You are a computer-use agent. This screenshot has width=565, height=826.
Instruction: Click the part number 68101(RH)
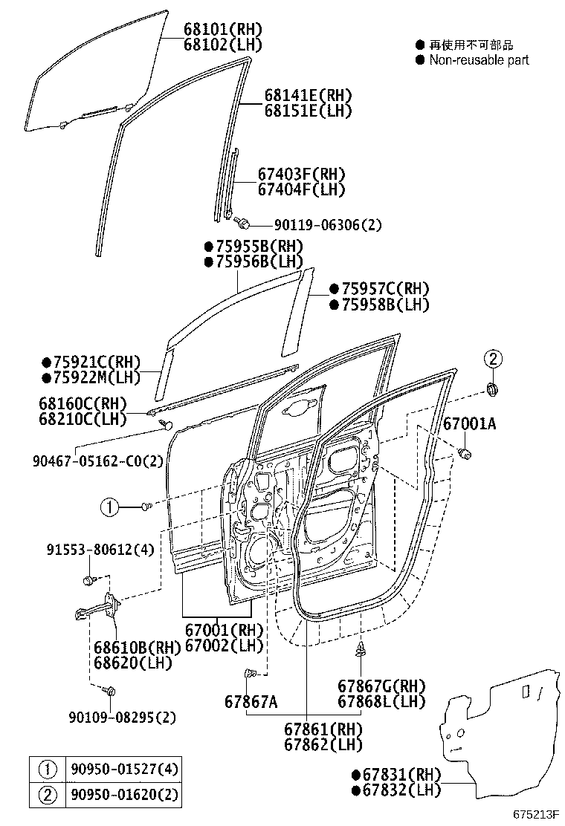[224, 29]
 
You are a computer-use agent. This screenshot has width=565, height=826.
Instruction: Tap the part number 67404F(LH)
[302, 189]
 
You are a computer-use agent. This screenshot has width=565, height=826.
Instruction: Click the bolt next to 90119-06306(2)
[242, 221]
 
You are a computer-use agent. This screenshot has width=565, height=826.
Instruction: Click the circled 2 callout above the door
[492, 359]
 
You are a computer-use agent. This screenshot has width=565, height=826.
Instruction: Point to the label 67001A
[469, 424]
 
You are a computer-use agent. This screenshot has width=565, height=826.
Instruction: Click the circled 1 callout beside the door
[110, 507]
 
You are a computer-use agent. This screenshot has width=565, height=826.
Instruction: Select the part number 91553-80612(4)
[100, 550]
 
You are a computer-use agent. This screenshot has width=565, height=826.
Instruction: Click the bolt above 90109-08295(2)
[110, 692]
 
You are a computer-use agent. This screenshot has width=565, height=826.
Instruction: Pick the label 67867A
[251, 702]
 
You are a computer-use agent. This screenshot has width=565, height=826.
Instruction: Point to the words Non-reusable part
[479, 60]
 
